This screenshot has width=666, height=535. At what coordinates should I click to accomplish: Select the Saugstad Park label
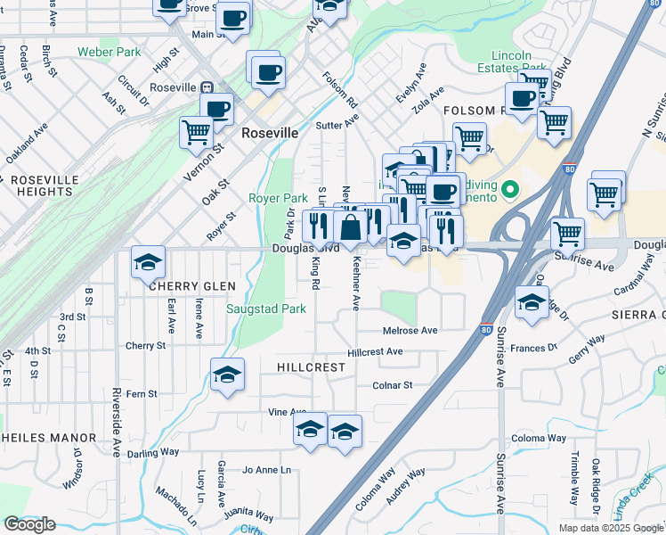265,309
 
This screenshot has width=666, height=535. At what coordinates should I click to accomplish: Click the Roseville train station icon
207,88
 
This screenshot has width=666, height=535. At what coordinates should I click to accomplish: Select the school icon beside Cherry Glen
149,262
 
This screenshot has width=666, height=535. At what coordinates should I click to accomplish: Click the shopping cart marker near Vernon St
196,132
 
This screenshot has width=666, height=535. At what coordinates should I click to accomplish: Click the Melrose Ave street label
410,331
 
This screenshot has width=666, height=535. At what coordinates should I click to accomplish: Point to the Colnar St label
394,386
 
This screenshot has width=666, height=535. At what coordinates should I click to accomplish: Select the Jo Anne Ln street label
266,470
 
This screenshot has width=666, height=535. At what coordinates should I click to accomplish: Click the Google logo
29,524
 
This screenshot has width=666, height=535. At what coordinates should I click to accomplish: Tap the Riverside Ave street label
117,422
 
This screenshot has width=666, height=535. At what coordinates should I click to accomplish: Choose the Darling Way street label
153,453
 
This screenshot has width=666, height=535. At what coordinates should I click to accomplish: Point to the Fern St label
142,393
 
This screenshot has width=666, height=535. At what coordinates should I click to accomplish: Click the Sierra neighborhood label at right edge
640,315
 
